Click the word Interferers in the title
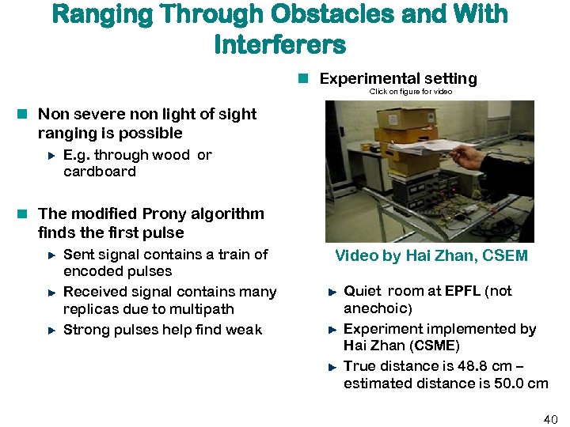click(x=279, y=44)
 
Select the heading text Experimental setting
click(x=397, y=78)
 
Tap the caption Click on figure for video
click(x=411, y=92)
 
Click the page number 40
click(x=550, y=418)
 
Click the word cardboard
click(x=100, y=172)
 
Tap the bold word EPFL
click(x=462, y=291)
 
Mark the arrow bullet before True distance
click(x=332, y=366)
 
